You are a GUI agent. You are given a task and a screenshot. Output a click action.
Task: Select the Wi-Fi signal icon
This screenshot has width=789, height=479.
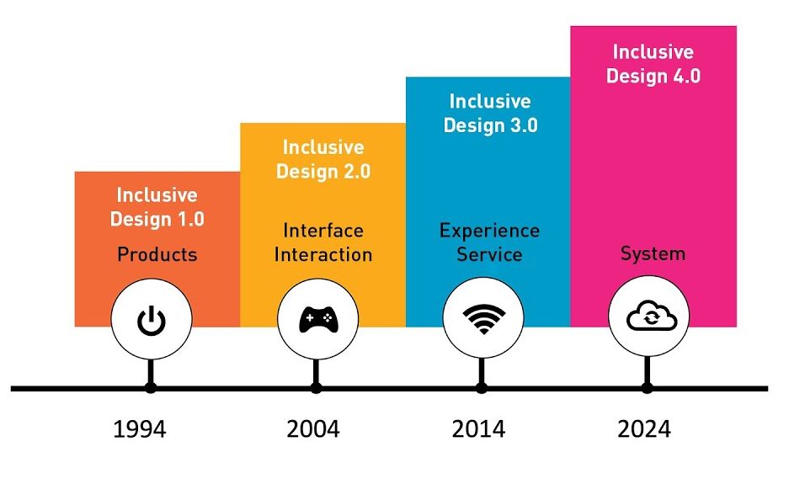[x=483, y=319]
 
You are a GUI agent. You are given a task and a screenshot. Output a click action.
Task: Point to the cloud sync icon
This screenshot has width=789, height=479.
[x=652, y=316]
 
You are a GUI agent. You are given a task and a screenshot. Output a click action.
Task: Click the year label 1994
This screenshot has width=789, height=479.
[x=140, y=429]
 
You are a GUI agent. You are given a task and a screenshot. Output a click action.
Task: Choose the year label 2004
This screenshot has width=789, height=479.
[x=313, y=429]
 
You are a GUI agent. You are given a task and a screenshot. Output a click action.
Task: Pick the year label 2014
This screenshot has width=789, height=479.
[x=478, y=429]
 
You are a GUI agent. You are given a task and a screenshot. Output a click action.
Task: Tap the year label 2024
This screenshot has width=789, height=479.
[x=644, y=429]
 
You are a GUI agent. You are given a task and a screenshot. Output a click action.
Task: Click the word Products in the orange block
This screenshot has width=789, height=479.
[x=157, y=254]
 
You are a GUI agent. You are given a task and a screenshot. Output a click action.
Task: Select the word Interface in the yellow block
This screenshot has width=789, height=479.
[x=323, y=231]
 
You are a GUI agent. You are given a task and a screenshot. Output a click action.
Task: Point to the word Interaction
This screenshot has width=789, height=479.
[x=323, y=254]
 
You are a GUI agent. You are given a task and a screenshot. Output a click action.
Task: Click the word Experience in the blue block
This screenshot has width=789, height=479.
[x=489, y=231]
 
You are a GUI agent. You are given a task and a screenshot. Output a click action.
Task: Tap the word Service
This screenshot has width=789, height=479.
[x=489, y=254]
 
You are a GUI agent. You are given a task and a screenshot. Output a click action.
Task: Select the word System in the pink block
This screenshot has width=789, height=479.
[x=653, y=253]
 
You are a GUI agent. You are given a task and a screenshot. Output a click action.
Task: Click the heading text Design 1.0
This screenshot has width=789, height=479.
[x=157, y=220]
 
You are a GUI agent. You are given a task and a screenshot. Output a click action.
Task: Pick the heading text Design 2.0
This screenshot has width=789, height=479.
[x=323, y=172]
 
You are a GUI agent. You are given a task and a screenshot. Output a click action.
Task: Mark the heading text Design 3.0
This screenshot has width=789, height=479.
[x=491, y=125]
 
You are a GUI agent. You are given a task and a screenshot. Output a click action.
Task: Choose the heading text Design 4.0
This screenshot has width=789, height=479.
[x=653, y=76]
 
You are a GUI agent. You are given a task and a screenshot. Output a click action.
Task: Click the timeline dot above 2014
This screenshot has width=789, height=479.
[x=482, y=388]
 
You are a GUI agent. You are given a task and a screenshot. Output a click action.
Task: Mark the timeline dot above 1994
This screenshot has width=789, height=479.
[x=151, y=388]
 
